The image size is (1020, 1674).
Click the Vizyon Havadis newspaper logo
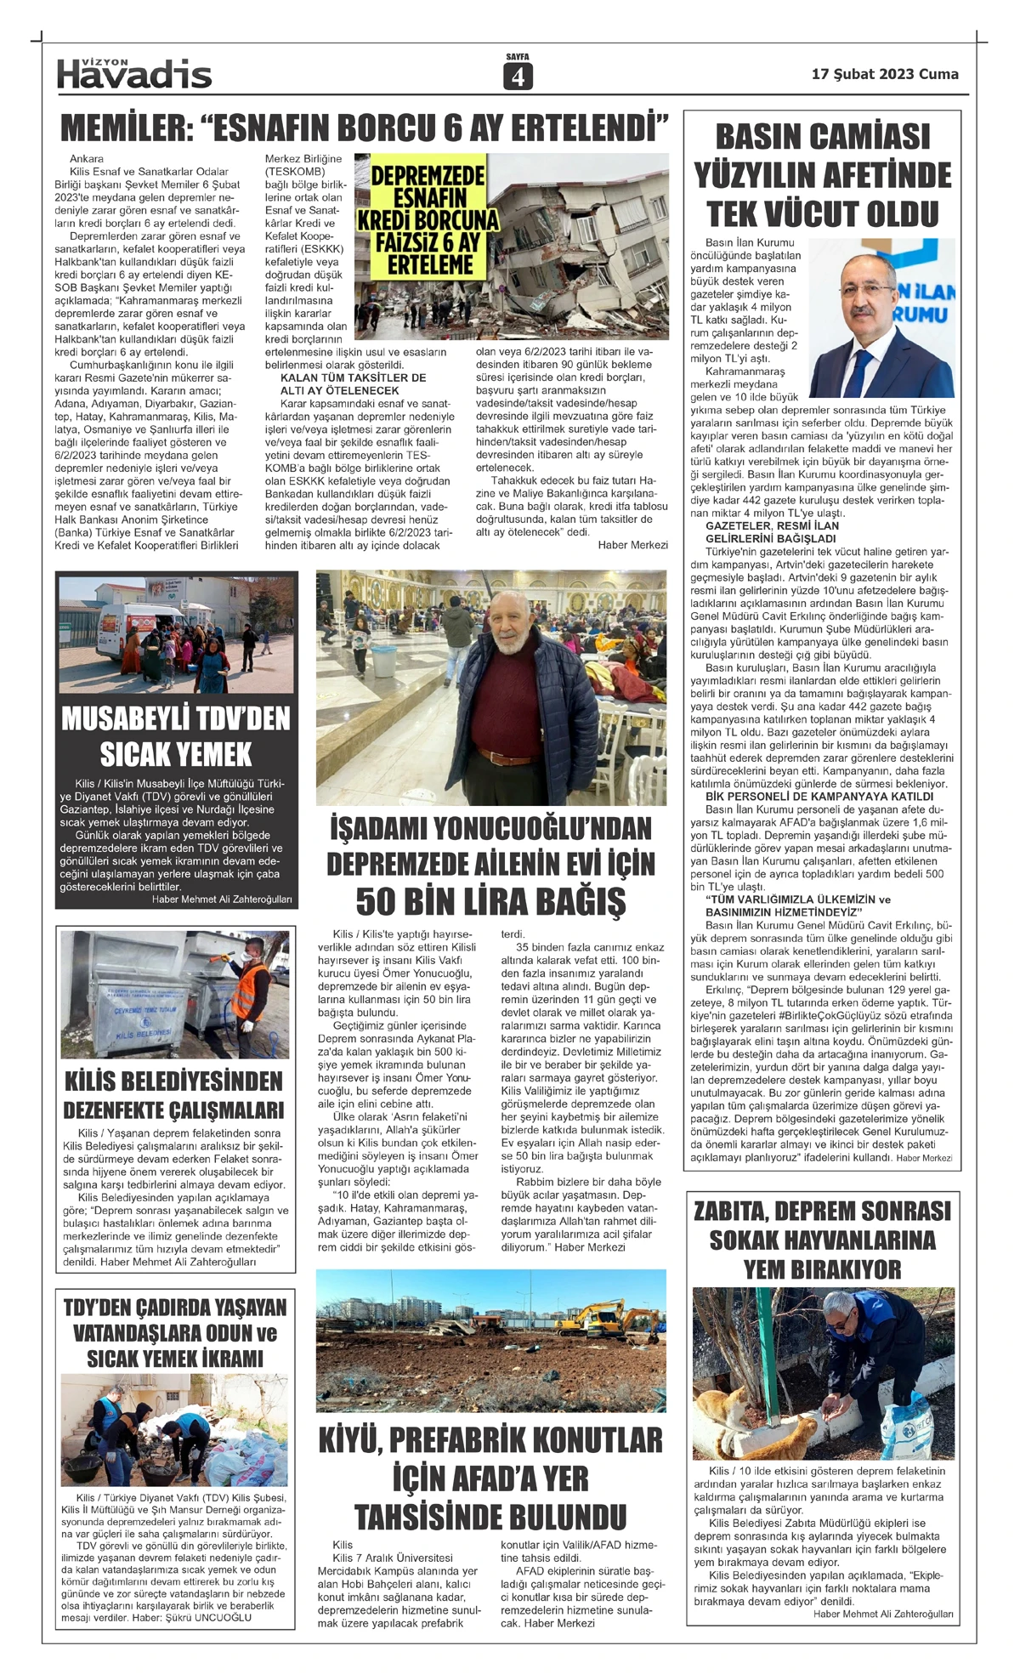134,74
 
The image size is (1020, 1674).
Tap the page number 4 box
517,77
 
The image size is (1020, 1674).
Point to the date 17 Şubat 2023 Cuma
885,74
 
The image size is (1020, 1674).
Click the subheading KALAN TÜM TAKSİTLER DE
353,377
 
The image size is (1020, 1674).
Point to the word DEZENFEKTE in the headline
110,1110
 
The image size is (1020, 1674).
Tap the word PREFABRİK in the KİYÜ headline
492,1440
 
